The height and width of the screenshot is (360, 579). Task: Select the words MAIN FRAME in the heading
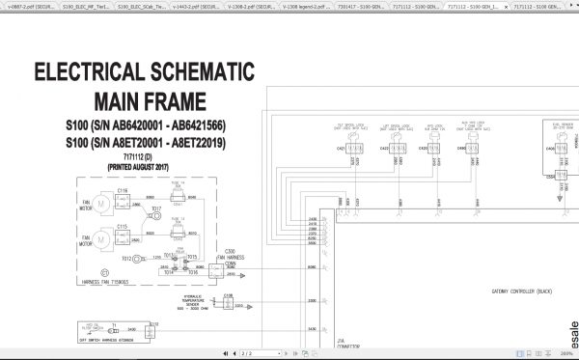[150, 100]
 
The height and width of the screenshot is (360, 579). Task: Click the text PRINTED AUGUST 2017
[143, 166]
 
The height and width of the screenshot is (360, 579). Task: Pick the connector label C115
[123, 226]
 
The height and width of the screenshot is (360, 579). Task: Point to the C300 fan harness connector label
[231, 250]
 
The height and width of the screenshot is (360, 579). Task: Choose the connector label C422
[384, 149]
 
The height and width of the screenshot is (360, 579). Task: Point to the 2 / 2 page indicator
[245, 354]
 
